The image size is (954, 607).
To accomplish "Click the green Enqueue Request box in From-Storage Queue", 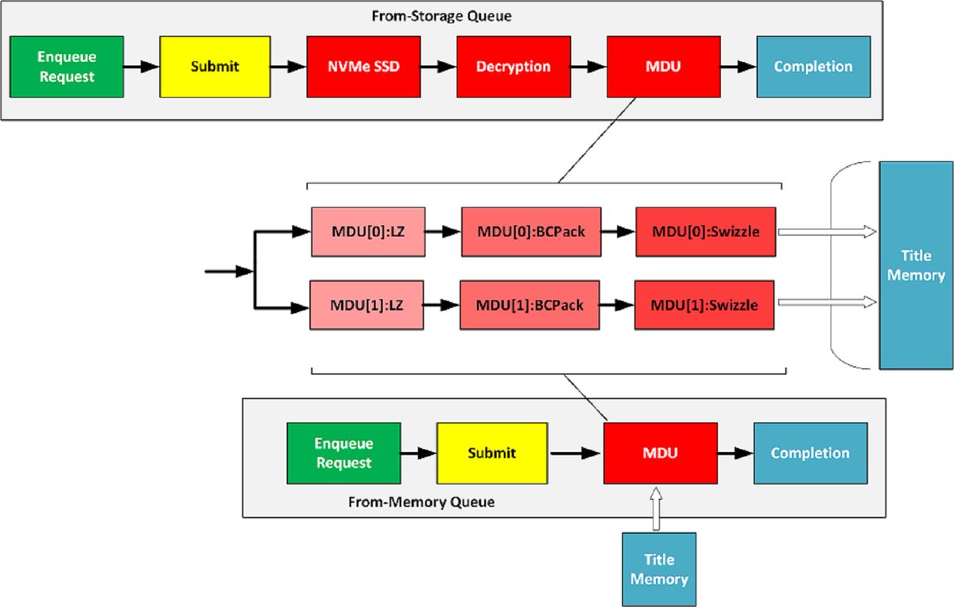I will (67, 67).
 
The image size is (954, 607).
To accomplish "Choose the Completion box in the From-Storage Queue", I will (812, 67).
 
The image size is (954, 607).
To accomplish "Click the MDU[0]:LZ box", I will (366, 233).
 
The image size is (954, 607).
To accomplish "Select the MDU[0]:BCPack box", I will (530, 233).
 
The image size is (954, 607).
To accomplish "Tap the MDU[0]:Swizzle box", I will (705, 233).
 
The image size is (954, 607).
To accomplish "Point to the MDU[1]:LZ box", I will (366, 305).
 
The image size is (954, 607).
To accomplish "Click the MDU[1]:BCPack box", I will (529, 305).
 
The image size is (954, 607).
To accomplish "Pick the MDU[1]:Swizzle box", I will (704, 305).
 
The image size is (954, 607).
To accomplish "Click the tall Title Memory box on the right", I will (916, 265).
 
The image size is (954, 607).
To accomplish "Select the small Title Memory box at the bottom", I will (659, 570).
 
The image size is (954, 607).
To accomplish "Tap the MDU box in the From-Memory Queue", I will (661, 453).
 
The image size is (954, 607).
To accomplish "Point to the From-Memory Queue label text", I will (421, 502).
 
